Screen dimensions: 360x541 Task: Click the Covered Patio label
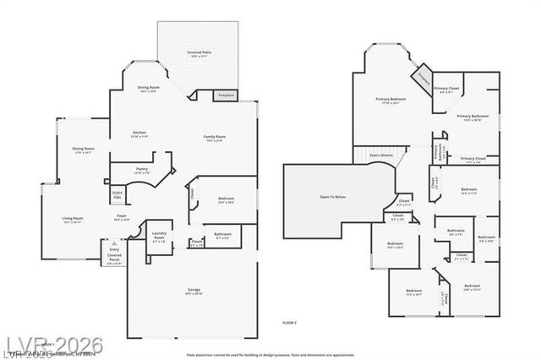pos(200,54)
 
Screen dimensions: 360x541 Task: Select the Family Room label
pos(215,138)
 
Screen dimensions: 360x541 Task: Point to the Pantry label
pos(141,171)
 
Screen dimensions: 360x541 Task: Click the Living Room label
pos(72,220)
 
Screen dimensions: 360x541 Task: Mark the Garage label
pos(194,292)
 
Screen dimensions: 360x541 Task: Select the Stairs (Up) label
pos(117,194)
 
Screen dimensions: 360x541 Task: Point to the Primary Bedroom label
pos(391,101)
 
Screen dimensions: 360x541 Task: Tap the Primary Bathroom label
pos(473,117)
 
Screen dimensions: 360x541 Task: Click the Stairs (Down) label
pos(381,155)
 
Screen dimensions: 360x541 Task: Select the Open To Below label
pos(332,197)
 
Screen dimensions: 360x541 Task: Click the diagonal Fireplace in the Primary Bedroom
pos(421,81)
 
